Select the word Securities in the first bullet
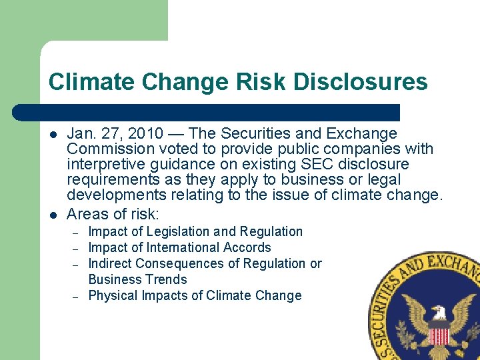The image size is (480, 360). (x=253, y=134)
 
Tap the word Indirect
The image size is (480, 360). (x=111, y=263)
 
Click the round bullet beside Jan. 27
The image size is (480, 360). (x=53, y=134)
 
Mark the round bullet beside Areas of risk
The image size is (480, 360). (x=53, y=214)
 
